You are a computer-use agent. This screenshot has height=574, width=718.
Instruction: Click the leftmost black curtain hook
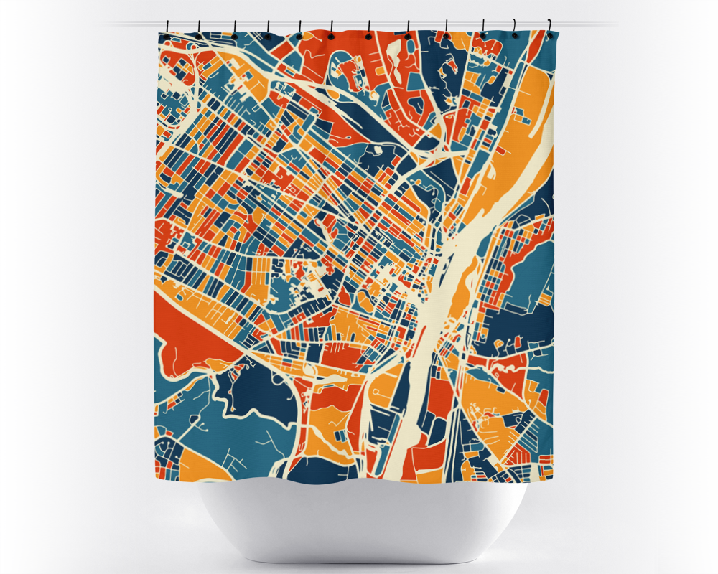tap(165, 30)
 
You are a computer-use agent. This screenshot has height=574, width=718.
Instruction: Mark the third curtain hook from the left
tap(235, 31)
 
